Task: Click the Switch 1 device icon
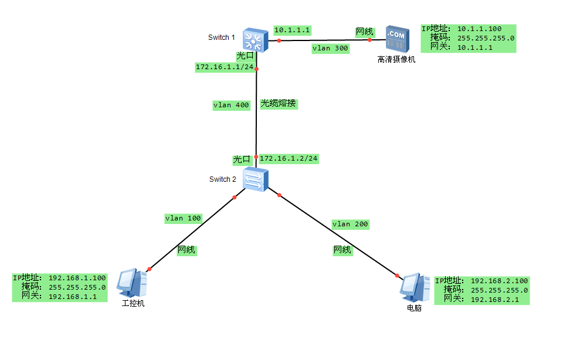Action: coord(256,39)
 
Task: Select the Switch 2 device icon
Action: coord(256,179)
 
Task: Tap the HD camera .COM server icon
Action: coord(396,39)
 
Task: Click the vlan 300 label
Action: coord(330,49)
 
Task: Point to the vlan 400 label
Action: coord(231,106)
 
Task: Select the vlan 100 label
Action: coord(183,218)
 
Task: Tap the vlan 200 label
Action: coord(351,224)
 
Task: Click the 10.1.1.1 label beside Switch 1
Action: coord(291,29)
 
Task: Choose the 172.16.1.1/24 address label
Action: coord(225,67)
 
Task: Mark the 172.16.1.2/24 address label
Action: coord(289,158)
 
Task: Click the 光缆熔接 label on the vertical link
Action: coord(279,104)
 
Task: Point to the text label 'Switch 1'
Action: coord(222,38)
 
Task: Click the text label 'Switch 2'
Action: coord(223,179)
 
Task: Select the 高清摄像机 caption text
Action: coord(396,59)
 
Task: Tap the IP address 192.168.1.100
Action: coord(77,278)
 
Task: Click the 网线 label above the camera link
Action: coord(364,31)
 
